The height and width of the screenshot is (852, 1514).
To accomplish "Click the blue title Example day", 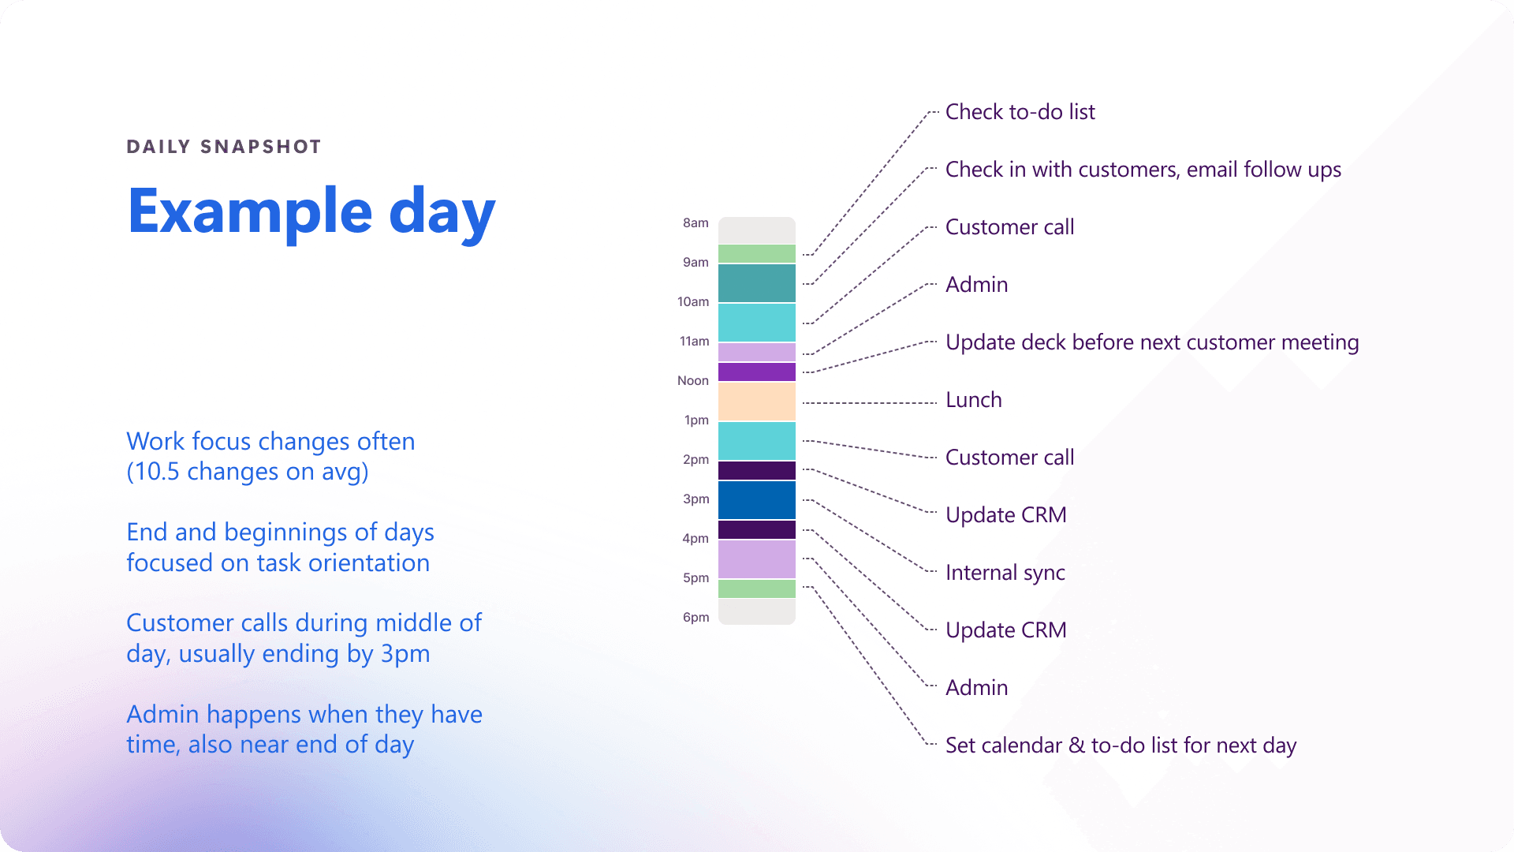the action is tap(311, 211).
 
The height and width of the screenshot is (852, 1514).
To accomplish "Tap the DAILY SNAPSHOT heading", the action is tap(224, 147).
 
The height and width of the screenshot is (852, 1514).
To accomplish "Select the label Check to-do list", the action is tap(1020, 112).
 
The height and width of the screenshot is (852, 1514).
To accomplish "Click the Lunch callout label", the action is tap(973, 400).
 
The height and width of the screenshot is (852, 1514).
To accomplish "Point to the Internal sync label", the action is tap(1005, 573).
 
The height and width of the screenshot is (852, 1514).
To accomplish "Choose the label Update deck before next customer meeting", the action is tap(1152, 342).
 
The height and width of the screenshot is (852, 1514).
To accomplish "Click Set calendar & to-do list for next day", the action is tap(1121, 745).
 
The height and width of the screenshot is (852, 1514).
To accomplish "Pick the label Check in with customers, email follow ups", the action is tap(1143, 170).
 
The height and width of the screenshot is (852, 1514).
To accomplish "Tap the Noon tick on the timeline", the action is tap(693, 380).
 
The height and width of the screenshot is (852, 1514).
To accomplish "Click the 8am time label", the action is tap(695, 222).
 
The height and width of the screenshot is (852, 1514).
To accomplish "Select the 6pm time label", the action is tap(695, 617).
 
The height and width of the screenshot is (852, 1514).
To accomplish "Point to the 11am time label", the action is tap(694, 341).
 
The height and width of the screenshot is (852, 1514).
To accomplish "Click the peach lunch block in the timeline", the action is tap(757, 402).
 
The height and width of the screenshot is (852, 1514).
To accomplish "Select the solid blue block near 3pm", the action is tap(757, 500).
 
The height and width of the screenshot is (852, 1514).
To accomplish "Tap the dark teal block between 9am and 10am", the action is tap(757, 283).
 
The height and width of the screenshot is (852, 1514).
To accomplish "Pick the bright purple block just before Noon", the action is tap(757, 372).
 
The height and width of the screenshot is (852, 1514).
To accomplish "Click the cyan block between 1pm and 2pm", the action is tap(757, 441).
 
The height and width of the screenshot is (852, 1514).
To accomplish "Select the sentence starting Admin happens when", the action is tap(304, 730).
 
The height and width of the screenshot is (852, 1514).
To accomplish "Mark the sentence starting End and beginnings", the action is tap(280, 547).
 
